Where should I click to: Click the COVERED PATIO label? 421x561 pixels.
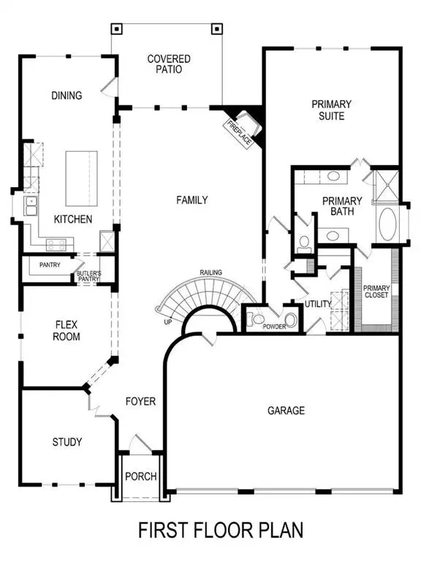click(168, 64)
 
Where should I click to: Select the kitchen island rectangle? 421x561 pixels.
click(83, 178)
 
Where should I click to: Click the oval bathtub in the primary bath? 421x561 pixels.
click(387, 225)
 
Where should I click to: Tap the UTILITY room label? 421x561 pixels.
click(319, 303)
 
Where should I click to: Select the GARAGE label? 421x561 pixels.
click(286, 411)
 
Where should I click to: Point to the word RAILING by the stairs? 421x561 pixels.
click(211, 273)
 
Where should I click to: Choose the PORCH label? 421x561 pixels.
click(141, 476)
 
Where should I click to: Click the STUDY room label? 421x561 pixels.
click(67, 442)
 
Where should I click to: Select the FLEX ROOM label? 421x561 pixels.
click(66, 330)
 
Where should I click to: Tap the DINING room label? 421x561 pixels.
click(66, 95)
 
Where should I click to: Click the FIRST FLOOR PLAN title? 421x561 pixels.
click(220, 528)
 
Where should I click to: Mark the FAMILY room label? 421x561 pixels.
click(192, 199)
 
